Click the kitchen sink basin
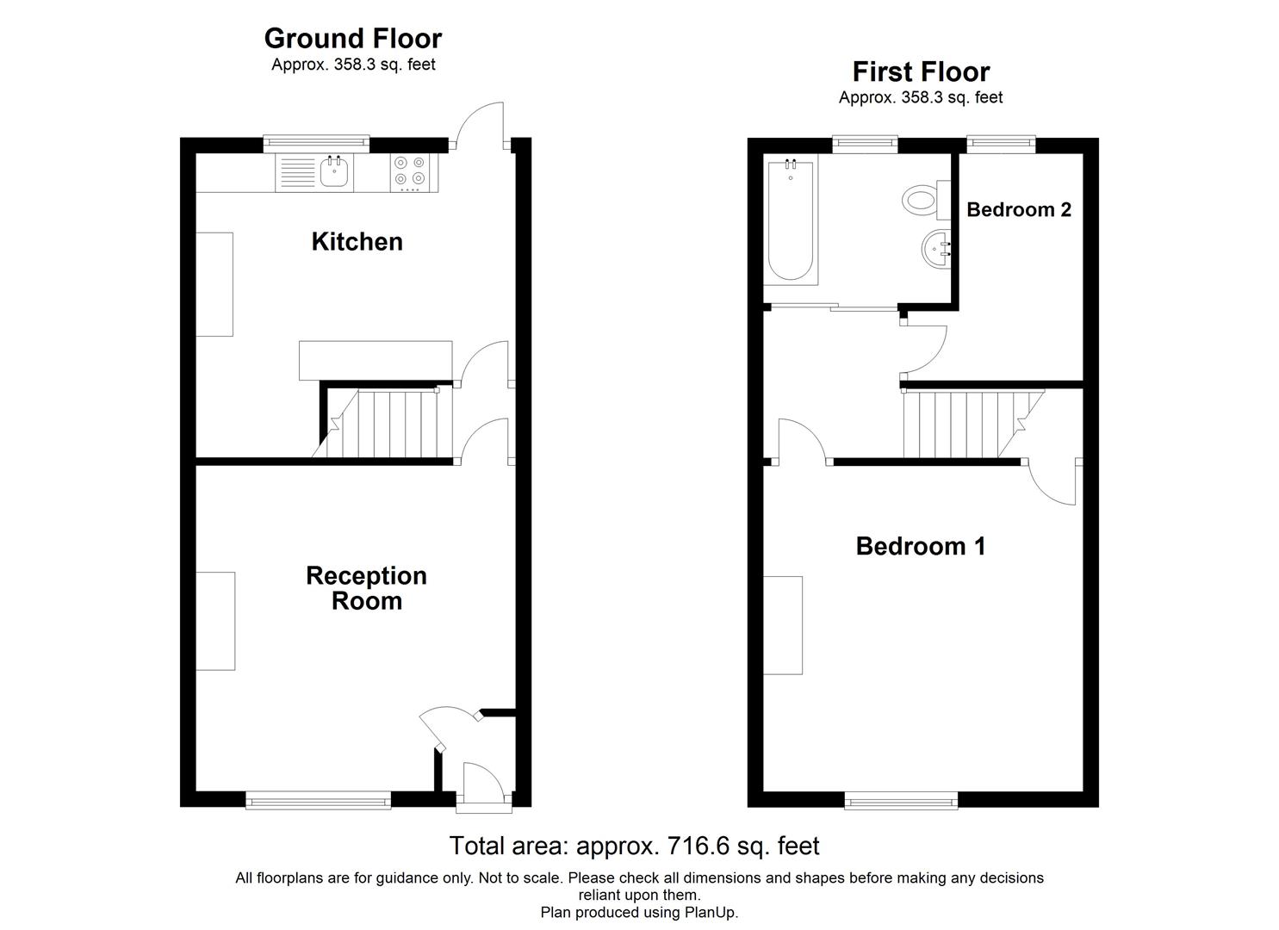(334, 173)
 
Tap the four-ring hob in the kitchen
(409, 170)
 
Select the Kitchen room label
(357, 242)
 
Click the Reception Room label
(366, 588)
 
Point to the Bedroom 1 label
(920, 546)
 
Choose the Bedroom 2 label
(1019, 209)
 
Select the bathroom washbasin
(935, 250)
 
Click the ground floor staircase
(388, 424)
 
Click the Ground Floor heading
(352, 39)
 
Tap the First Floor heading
(921, 71)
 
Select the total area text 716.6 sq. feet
(634, 846)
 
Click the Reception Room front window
(318, 801)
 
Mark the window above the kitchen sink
(316, 143)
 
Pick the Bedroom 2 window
(1000, 143)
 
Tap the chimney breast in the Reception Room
(215, 620)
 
